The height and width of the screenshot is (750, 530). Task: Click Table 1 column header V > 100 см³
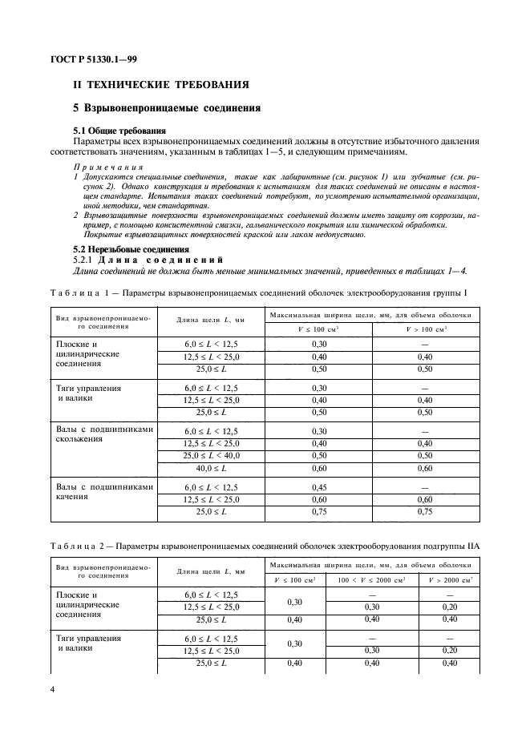point(425,329)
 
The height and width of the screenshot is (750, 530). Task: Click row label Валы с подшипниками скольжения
point(103,433)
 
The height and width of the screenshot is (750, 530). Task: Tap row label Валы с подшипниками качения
point(103,491)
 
